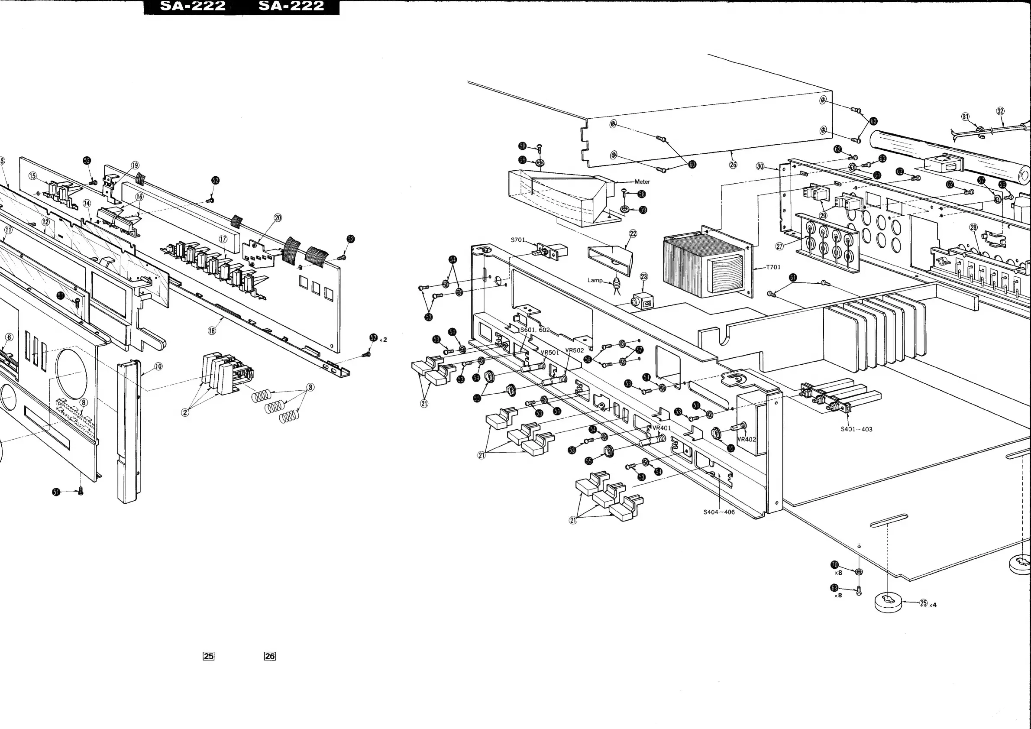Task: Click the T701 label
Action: [773, 267]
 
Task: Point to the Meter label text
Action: [642, 182]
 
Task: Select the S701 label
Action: [518, 240]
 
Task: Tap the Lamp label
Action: [595, 280]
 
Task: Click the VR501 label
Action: [550, 353]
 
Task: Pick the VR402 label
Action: [747, 439]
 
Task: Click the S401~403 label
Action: [856, 429]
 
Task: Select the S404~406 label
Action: [719, 512]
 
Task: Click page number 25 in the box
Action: [208, 656]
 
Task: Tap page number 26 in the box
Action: [269, 656]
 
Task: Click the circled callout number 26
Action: [733, 165]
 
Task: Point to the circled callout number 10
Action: [158, 366]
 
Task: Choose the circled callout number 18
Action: [211, 330]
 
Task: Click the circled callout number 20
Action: [278, 218]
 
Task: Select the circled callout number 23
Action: [643, 276]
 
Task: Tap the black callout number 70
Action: [834, 564]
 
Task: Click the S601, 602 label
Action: [534, 330]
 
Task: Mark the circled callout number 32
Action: [1000, 111]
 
